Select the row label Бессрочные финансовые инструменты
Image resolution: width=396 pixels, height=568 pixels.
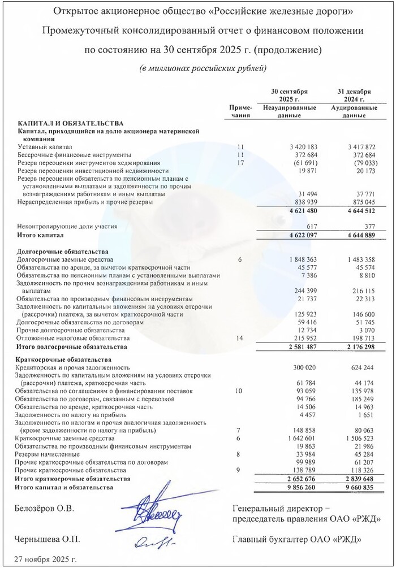(75, 155)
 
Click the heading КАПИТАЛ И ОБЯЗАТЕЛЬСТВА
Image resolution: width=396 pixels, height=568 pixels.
(71, 123)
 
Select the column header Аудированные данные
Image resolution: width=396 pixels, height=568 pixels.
(354, 111)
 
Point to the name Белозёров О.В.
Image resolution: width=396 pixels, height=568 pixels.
(44, 509)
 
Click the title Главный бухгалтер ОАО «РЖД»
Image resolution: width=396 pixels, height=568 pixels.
(297, 540)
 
